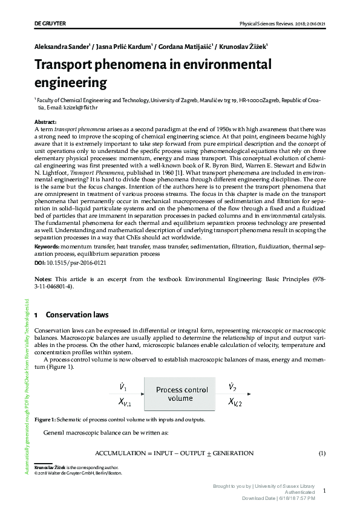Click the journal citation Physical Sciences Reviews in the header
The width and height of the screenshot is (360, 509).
[x=283, y=24]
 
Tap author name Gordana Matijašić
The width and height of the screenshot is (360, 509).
[x=185, y=46]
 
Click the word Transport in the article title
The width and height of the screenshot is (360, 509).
[x=70, y=65]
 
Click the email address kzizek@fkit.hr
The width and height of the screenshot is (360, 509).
[x=76, y=108]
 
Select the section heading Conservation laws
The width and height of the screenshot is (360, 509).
[x=77, y=315]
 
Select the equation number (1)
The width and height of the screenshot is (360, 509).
[x=322, y=453]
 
